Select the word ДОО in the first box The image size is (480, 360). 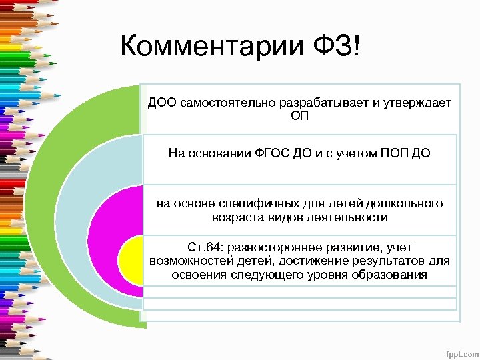pos(162,103)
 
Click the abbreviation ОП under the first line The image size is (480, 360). pos(300,116)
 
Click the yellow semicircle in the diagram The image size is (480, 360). pos(130,260)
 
